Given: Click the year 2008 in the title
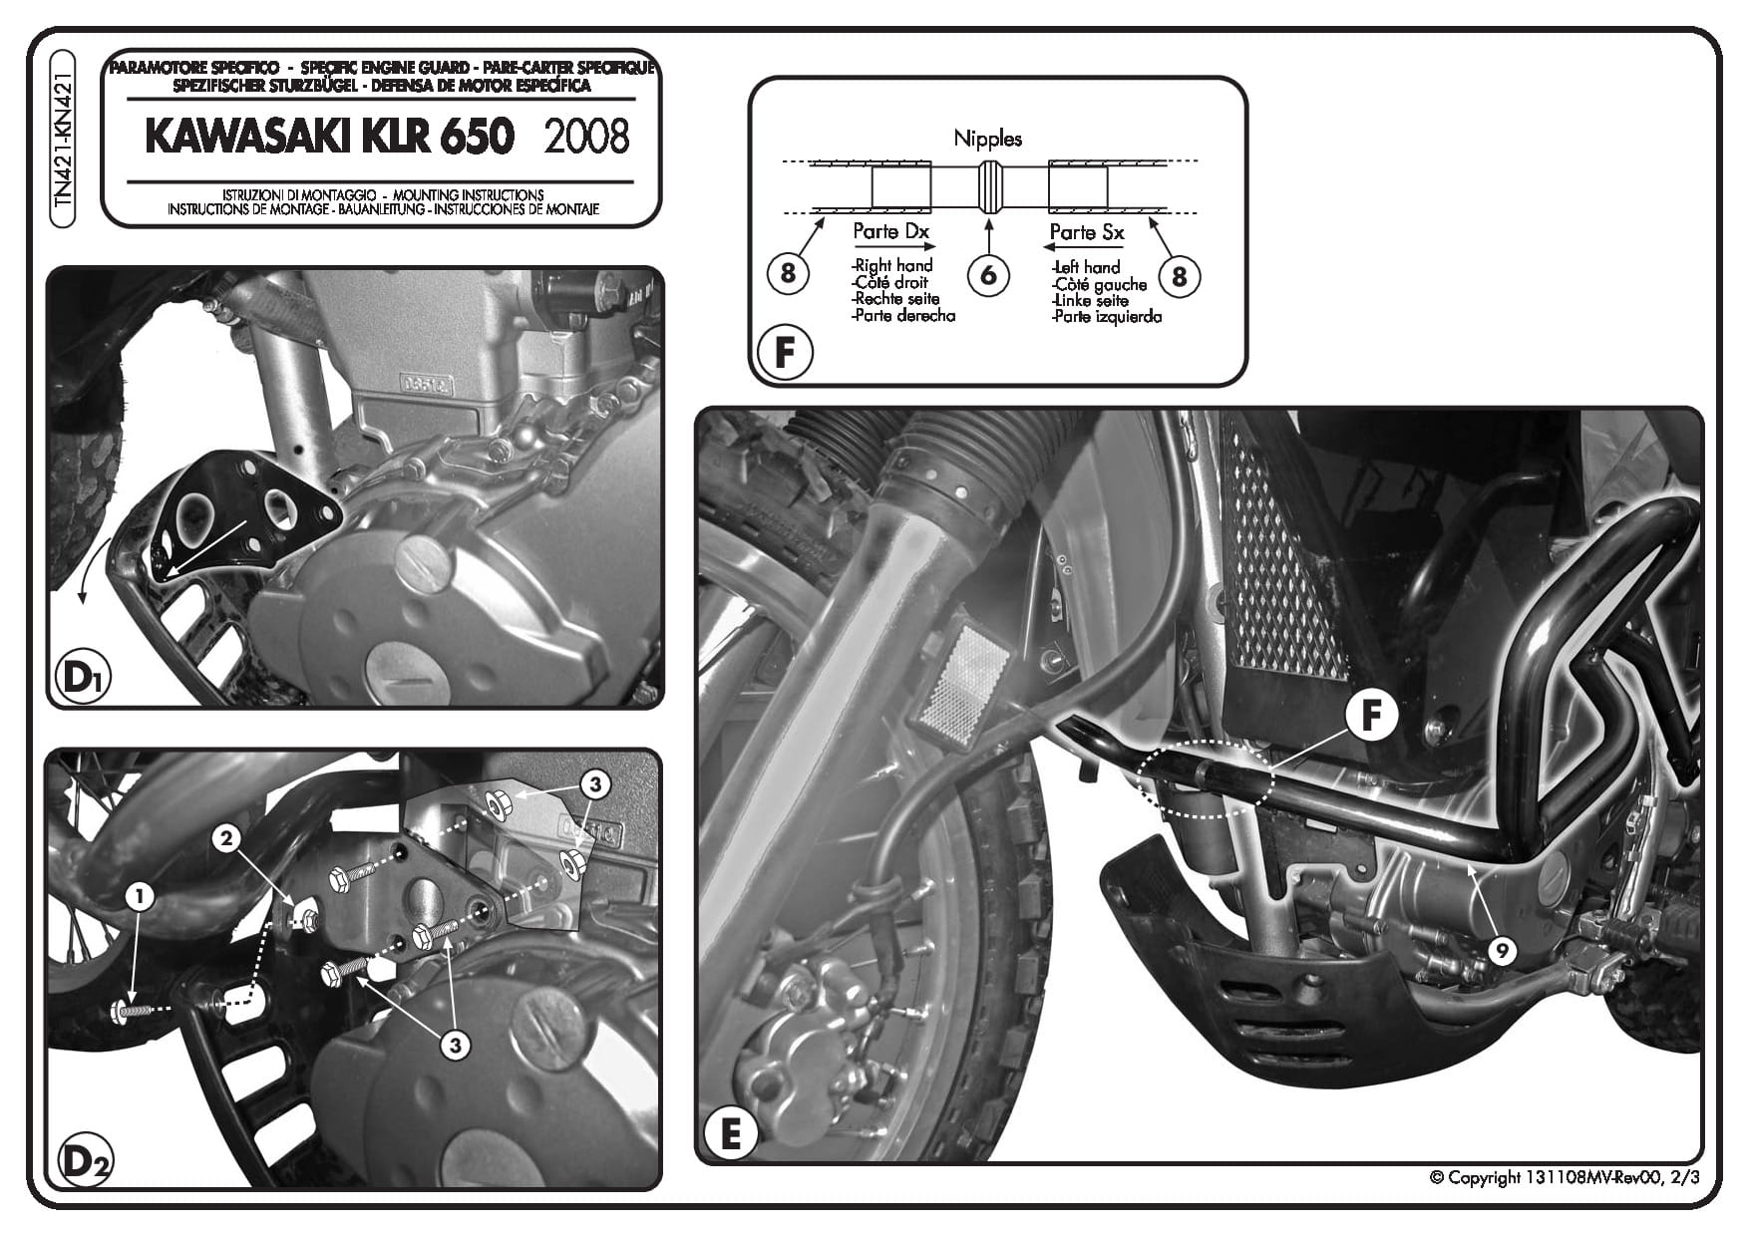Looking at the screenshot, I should (x=586, y=137).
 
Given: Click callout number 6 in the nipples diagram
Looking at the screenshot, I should (x=988, y=274).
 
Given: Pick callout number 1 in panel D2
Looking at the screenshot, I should (x=140, y=897).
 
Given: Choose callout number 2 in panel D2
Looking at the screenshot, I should (x=226, y=839).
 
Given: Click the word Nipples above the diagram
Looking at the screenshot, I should (x=987, y=138).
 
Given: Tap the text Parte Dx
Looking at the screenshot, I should (x=890, y=231).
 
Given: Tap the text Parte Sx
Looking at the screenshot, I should (x=1087, y=232).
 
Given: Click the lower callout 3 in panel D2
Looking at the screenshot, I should (x=455, y=1045).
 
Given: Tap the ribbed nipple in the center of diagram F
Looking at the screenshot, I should (x=988, y=185).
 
